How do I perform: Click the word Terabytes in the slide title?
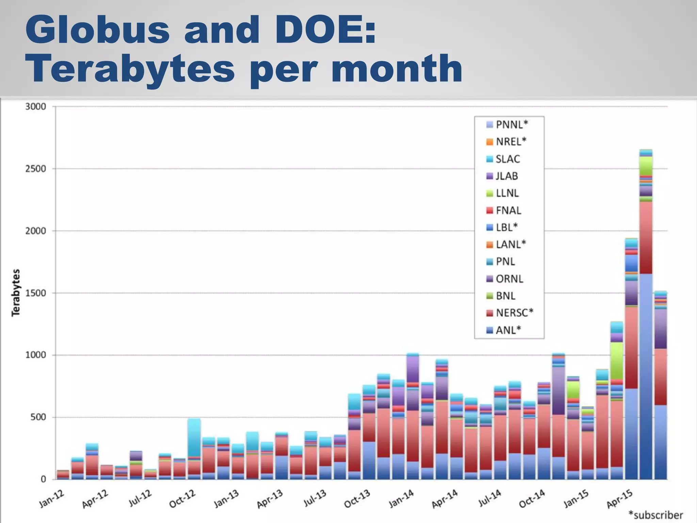pos(130,69)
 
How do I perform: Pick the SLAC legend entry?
pos(507,159)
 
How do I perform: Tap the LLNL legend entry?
pos(507,193)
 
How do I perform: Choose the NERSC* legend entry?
pos(514,313)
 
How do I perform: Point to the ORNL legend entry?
pos(509,279)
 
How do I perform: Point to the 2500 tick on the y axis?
pos(36,169)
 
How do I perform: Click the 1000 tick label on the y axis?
pos(36,355)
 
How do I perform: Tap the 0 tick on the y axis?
pos(43,479)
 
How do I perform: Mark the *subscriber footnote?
pos(655,515)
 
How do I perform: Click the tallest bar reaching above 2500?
pos(646,340)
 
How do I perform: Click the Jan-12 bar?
pos(63,475)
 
